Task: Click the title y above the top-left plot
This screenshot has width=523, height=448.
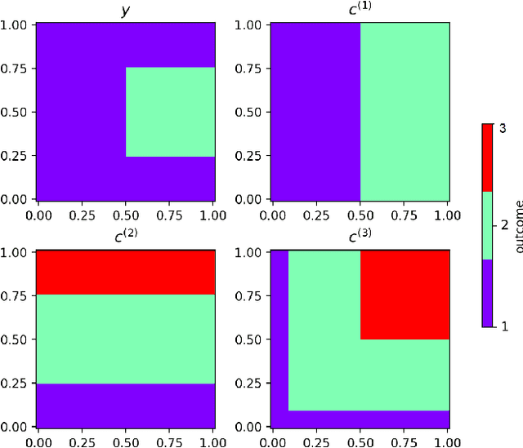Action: coord(125,10)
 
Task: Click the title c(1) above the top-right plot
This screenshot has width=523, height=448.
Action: coord(360,9)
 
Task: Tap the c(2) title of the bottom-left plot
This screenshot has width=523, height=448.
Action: coord(125,237)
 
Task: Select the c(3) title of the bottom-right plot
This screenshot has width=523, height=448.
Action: coord(360,237)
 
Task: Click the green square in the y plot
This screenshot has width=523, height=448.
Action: coord(170,112)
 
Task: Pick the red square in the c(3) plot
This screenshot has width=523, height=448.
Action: coord(405,294)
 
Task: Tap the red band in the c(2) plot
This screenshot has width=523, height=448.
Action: coord(125,272)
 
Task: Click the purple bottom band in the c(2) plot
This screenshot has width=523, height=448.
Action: coord(125,406)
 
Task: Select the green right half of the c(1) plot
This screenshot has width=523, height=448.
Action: coord(405,112)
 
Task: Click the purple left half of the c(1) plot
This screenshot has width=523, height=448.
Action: coord(315,112)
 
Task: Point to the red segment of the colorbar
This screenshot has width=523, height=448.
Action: coord(487,157)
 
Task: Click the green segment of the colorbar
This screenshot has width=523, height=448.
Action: coord(487,225)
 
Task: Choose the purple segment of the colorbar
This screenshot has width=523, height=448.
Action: coord(487,293)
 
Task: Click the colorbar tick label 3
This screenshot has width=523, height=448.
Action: coord(503,129)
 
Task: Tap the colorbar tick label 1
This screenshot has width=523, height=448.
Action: coord(503,326)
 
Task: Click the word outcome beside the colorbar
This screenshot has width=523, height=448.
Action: coord(518,225)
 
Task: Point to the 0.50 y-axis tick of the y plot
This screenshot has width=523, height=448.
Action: coord(18,112)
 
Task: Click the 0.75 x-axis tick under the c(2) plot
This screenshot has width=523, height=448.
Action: coord(170,441)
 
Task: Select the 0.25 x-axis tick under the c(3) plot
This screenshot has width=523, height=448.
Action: coord(315,441)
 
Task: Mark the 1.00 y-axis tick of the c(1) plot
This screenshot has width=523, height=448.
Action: coord(253,24)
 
